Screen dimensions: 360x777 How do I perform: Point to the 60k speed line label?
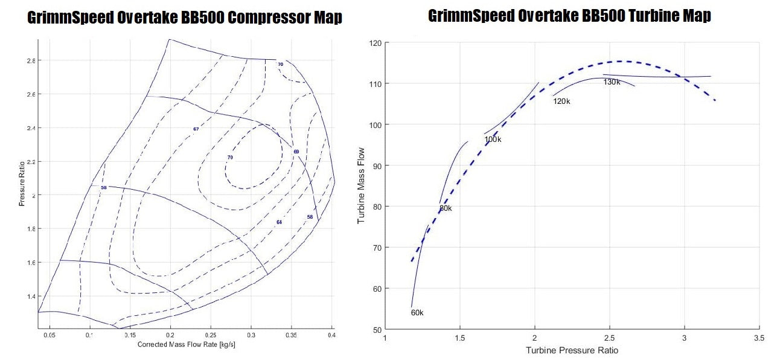(x=417, y=313)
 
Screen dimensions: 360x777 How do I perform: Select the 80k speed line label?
(x=446, y=208)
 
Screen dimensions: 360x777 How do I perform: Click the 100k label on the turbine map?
(x=493, y=140)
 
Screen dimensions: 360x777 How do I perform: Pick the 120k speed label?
(x=561, y=101)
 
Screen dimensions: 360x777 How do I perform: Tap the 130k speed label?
(x=612, y=82)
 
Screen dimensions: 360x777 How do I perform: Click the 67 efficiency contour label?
(x=196, y=129)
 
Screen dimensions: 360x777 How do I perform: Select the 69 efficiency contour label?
(x=296, y=152)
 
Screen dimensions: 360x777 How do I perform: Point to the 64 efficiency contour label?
(x=279, y=223)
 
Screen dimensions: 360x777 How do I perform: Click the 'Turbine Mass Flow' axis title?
(x=362, y=185)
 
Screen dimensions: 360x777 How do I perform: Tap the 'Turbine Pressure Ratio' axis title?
(x=572, y=350)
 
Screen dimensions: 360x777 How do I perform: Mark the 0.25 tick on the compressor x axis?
(x=211, y=334)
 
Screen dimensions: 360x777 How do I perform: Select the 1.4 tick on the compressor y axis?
(x=31, y=297)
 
